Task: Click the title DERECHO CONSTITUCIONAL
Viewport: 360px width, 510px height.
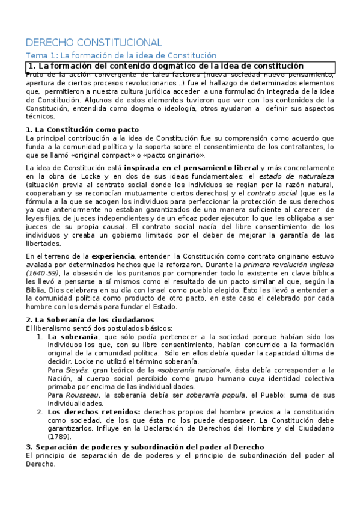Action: pos(94,43)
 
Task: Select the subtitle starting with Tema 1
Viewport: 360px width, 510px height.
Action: pos(121,55)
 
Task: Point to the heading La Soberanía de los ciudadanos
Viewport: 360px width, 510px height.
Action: pos(90,319)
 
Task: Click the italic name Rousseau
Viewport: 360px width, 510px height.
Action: pos(81,395)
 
